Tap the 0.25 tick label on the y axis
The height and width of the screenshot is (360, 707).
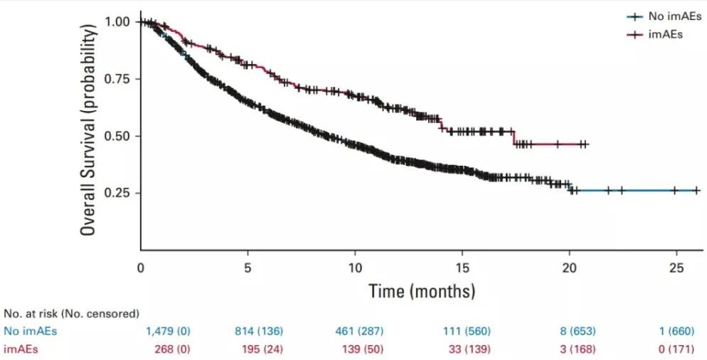(119, 193)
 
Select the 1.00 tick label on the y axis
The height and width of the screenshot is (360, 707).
(119, 21)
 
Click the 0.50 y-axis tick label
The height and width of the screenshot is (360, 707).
(119, 135)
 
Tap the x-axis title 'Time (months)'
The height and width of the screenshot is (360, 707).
(421, 290)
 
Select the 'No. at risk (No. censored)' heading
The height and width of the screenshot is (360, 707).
(71, 313)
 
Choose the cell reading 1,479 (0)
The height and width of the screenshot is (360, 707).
(168, 331)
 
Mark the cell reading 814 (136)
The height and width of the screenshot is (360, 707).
(259, 331)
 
